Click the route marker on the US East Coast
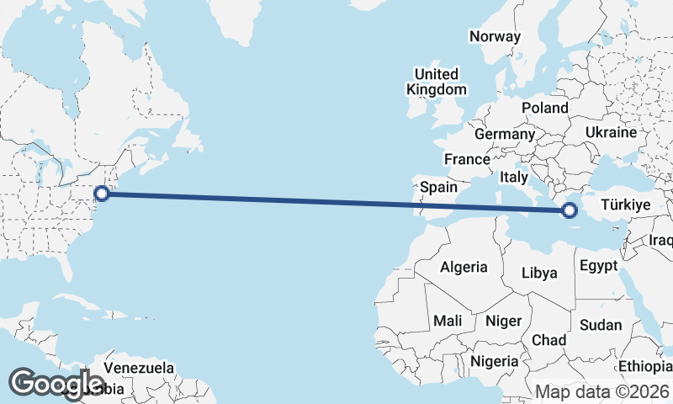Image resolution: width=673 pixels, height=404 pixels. (102, 194)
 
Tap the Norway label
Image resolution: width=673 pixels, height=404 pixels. (495, 36)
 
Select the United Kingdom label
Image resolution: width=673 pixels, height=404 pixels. (436, 82)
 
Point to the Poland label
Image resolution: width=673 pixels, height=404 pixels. (544, 108)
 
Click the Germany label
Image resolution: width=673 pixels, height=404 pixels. (504, 134)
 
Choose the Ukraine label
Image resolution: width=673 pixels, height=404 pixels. (611, 133)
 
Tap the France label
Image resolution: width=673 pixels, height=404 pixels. (467, 159)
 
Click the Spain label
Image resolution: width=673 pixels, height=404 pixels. (438, 187)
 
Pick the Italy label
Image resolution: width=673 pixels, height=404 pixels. (513, 178)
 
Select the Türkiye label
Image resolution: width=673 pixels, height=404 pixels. (623, 205)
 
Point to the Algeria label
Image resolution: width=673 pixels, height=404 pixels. (464, 267)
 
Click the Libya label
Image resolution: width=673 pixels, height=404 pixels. (539, 273)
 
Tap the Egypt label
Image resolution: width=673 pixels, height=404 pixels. (598, 266)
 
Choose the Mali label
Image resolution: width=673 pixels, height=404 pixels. (448, 321)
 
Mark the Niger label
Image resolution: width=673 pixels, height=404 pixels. (504, 321)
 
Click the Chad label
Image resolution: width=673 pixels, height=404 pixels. (548, 339)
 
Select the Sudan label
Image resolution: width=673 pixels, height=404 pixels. (601, 325)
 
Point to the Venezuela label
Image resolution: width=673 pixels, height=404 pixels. (140, 368)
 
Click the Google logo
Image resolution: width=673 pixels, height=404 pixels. (56, 384)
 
